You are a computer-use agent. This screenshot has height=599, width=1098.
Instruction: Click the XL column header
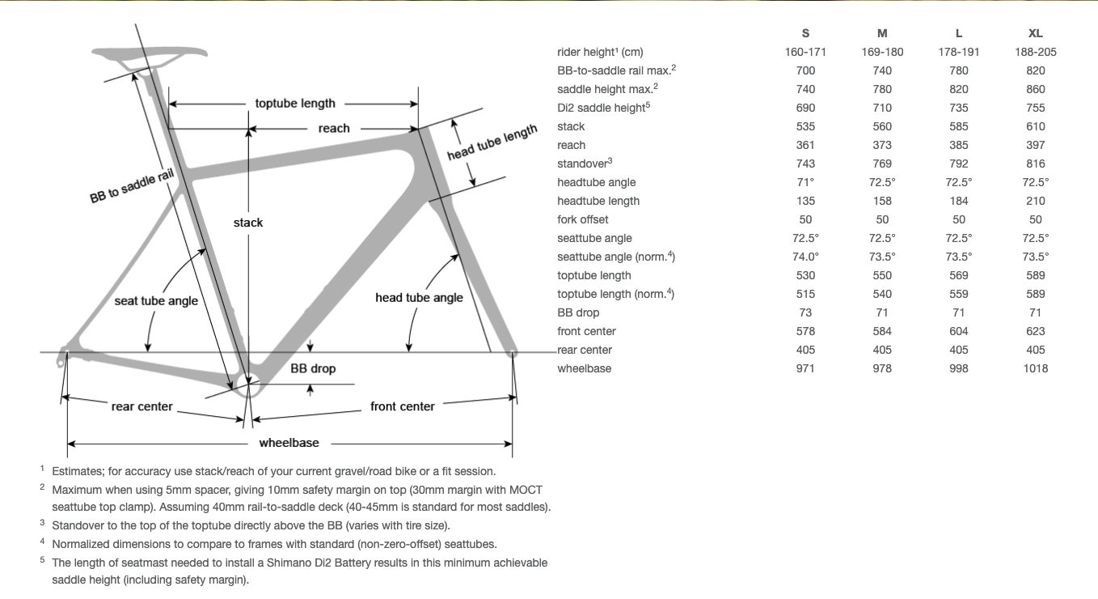[1035, 33]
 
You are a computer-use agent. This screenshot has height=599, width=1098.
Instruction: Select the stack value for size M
[882, 126]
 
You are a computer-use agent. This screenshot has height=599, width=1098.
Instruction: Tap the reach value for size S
[805, 145]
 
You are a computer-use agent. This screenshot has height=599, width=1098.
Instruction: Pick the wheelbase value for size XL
[1035, 368]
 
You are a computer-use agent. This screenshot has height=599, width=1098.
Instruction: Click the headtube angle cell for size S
[805, 182]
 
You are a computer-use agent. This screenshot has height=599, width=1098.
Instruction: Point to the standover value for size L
[959, 164]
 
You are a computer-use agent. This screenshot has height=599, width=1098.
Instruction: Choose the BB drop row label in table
[578, 312]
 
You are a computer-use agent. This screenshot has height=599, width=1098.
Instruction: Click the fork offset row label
[582, 219]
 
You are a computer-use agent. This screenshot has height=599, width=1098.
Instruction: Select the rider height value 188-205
[1035, 52]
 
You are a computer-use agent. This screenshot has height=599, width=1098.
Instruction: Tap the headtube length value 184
[959, 201]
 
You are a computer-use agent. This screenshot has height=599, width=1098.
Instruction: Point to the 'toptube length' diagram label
[295, 104]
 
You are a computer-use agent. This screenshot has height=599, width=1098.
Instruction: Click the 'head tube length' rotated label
[492, 142]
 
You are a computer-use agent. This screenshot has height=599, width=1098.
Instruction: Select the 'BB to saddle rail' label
[132, 187]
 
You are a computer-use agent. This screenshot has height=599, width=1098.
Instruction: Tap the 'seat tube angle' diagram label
[156, 300]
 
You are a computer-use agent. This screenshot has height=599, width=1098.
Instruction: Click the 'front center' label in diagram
[403, 406]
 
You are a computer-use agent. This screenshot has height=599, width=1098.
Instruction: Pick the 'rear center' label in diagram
[142, 406]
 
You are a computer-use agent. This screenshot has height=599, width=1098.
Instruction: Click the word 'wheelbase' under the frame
[289, 443]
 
